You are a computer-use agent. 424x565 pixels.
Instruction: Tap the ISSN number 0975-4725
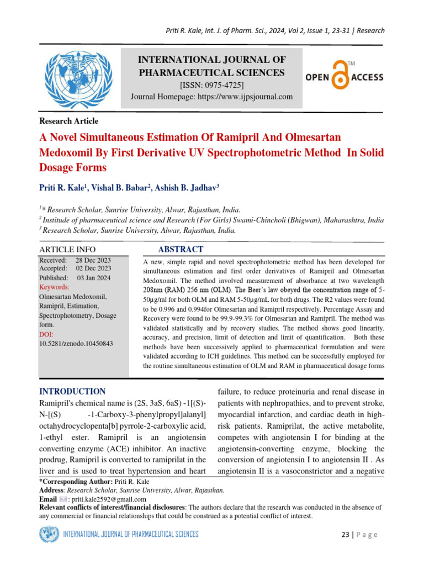pos(222,85)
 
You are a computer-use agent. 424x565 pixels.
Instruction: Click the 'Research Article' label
pos(68,121)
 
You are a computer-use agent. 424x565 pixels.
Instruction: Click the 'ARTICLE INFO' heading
pos(67,250)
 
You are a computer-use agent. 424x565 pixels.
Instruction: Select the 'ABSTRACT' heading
pos(181,249)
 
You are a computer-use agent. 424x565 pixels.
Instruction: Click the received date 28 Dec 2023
pos(93,260)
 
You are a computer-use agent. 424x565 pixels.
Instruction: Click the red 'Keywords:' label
pos(54,287)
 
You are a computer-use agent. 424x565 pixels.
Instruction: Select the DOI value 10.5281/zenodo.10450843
pos(76,343)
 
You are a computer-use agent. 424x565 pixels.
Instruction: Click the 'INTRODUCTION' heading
pos(72,391)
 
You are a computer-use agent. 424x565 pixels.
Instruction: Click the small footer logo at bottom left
pos(49,534)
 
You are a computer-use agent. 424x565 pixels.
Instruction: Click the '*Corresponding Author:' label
pos(75,482)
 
